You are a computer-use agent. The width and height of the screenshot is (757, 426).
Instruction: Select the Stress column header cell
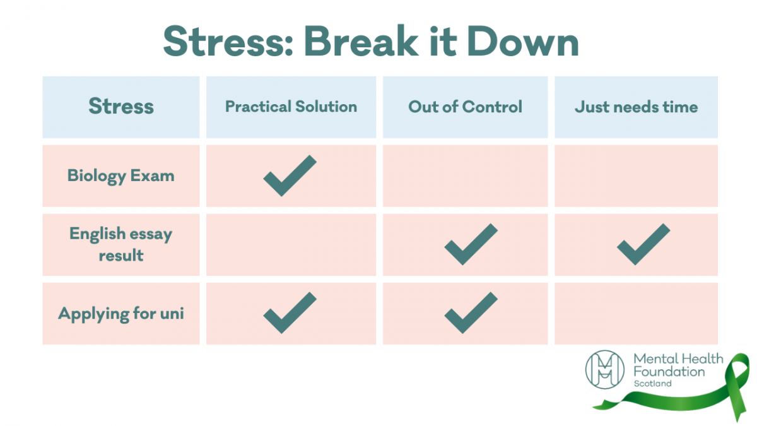121,107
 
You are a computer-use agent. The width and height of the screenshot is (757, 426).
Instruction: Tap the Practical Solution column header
291,107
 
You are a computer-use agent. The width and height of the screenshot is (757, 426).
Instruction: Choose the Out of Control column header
465,107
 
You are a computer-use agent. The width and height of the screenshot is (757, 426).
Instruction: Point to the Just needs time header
636,107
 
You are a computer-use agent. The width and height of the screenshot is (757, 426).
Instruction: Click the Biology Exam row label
121,175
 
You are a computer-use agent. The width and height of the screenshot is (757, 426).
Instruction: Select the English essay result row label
121,245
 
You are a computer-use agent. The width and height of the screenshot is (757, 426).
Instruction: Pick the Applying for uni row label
121,313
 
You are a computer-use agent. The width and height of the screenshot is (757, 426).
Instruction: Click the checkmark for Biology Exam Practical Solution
290,175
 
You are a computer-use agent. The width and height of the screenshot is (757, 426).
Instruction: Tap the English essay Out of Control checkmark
471,244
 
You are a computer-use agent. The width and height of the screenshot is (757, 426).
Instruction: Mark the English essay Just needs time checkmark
643,244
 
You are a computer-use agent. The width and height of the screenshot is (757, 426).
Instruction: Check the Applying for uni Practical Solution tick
290,313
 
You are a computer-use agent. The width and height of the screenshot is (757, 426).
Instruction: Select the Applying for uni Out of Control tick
471,313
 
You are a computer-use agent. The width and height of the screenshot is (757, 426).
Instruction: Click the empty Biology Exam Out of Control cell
465,175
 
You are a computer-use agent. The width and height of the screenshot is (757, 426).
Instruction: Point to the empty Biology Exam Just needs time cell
636,175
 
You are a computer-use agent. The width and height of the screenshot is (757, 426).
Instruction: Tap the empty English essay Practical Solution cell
291,245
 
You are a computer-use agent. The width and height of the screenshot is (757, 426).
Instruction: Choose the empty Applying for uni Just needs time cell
636,313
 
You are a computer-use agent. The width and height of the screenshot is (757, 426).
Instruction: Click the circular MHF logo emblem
605,370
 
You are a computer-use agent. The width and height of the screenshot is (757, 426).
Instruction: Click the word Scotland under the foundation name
653,384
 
